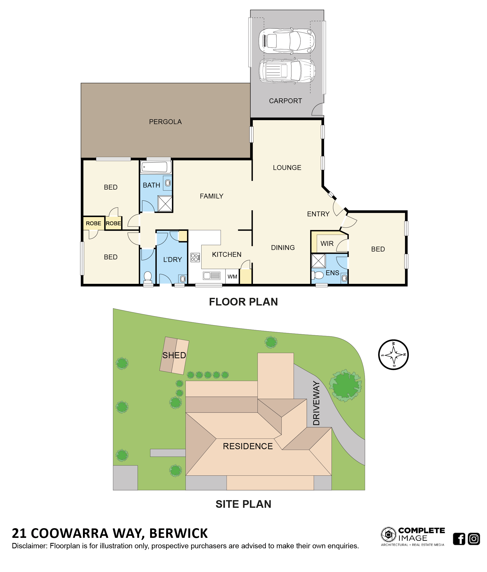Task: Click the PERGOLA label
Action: click(x=165, y=122)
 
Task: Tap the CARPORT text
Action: click(x=285, y=101)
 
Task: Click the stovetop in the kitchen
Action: click(x=195, y=257)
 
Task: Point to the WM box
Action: click(x=232, y=276)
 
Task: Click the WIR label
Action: click(x=327, y=244)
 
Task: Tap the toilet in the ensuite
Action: click(x=317, y=275)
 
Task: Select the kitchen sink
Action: click(x=211, y=275)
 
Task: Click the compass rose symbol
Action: click(x=393, y=354)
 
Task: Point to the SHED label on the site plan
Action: click(x=174, y=355)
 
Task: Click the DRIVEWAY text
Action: click(x=317, y=403)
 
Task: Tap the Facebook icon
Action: click(x=459, y=539)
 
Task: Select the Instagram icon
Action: click(x=474, y=539)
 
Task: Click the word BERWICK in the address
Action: click(x=178, y=533)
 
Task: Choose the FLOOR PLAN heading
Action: click(x=243, y=302)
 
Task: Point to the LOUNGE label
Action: click(x=287, y=168)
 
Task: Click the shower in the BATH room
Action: click(x=165, y=204)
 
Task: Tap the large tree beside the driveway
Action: click(x=345, y=385)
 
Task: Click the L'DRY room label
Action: click(x=173, y=259)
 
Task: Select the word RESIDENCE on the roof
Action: click(x=248, y=446)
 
